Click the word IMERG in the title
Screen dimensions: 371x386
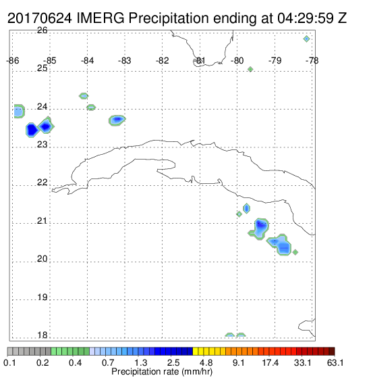(101, 18)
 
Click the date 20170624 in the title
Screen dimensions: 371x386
(40, 18)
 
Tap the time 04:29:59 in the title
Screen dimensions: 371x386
(306, 18)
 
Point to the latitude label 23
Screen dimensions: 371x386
(42, 145)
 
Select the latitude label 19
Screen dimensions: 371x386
(42, 297)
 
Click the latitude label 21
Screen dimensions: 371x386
(42, 221)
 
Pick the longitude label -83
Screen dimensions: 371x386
(125, 61)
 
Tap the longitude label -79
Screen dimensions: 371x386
(275, 61)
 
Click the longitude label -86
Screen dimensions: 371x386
(13, 61)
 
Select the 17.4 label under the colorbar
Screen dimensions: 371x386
(270, 362)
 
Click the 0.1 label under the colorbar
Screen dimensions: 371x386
(10, 362)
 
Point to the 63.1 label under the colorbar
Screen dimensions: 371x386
(335, 362)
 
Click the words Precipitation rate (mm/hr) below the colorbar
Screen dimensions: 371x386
(162, 372)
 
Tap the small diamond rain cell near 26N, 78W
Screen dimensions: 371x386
(306, 39)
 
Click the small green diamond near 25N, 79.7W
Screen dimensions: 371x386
(250, 70)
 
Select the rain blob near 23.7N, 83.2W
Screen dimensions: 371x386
(117, 120)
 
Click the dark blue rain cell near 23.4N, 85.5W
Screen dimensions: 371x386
(32, 130)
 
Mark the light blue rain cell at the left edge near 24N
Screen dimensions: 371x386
(19, 112)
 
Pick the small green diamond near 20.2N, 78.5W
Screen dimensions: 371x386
(295, 252)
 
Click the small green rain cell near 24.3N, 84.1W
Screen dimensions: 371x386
(84, 96)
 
